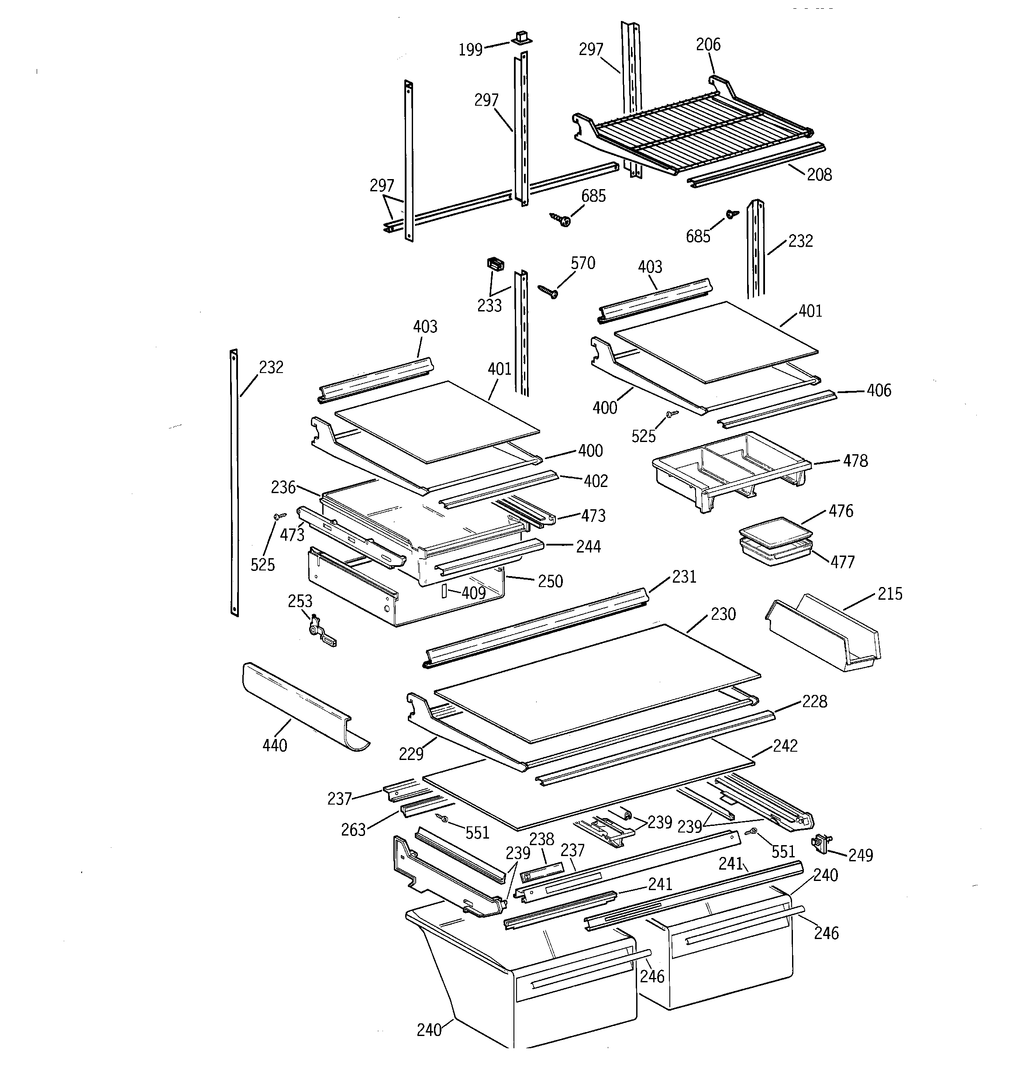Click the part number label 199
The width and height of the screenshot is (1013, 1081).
[470, 50]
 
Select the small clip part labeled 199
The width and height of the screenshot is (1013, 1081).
[521, 38]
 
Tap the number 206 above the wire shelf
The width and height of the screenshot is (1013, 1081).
[708, 45]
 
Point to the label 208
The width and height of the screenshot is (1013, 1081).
[819, 175]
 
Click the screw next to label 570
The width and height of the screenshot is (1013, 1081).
[548, 291]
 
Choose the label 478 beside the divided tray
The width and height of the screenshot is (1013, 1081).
[855, 461]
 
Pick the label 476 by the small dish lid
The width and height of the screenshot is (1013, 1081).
[841, 511]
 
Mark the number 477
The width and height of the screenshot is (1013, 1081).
[842, 562]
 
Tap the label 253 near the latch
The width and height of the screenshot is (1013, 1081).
[300, 601]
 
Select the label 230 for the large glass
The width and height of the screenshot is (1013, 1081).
[723, 614]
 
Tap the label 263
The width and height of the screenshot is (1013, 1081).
[353, 830]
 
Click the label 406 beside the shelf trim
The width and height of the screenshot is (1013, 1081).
[879, 390]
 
